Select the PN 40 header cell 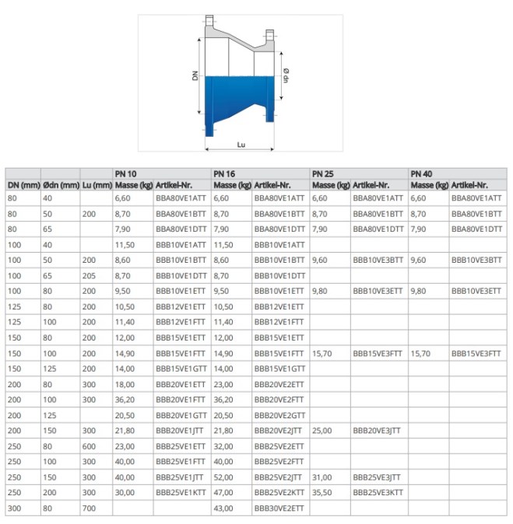pyautogui.click(x=421, y=173)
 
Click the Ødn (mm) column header pyautogui.click(x=61, y=185)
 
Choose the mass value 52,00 pyautogui.click(x=223, y=477)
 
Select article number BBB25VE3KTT pyautogui.click(x=378, y=493)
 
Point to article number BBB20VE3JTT pyautogui.click(x=378, y=431)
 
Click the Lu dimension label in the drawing pyautogui.click(x=241, y=145)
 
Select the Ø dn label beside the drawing pyautogui.click(x=286, y=76)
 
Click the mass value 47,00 pyautogui.click(x=223, y=493)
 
